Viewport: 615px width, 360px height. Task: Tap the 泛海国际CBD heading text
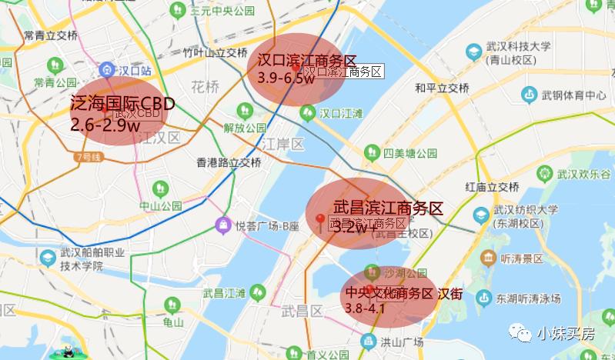click(x=122, y=104)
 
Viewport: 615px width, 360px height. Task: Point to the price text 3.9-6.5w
click(x=286, y=77)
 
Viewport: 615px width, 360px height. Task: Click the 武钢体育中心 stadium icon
click(x=529, y=95)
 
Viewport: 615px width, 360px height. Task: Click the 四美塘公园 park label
click(x=410, y=152)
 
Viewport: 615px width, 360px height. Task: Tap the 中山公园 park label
click(x=160, y=206)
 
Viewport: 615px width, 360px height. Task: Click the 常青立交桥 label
click(x=50, y=35)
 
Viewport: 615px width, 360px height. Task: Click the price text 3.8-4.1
click(x=365, y=308)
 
